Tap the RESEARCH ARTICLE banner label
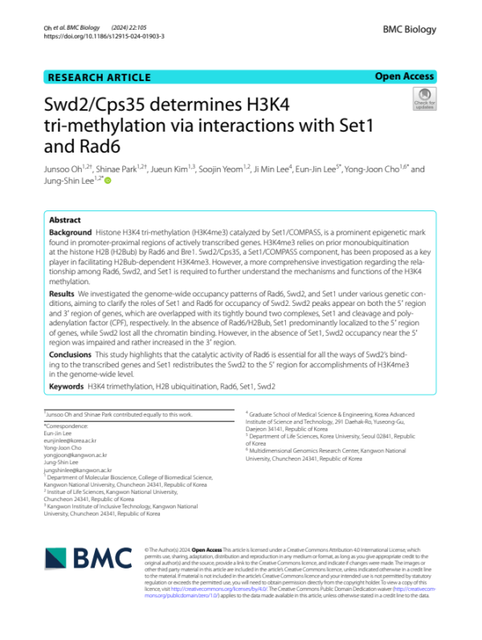(100, 78)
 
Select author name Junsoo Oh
(67, 170)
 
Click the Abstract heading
(65, 219)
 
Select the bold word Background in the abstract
(70, 231)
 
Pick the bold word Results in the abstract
(63, 296)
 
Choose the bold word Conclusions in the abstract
(70, 354)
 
